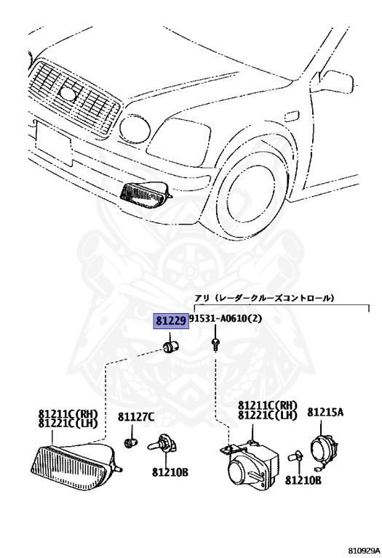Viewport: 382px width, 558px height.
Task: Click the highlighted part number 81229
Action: coord(171,321)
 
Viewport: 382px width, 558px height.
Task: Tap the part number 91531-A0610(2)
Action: coord(226,318)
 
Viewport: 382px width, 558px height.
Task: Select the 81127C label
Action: coord(136,417)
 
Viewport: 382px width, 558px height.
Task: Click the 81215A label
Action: coord(325,412)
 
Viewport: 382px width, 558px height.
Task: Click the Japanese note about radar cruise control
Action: coord(264,298)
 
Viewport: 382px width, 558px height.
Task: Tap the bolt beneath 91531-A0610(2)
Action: coord(215,344)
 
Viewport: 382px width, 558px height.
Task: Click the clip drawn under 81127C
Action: coord(130,443)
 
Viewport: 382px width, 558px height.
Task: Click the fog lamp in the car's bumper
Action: coord(146,193)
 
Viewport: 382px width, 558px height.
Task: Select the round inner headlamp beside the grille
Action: coord(135,129)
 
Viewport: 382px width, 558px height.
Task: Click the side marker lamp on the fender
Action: coord(293,116)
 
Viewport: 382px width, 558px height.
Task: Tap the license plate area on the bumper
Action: coord(52,143)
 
